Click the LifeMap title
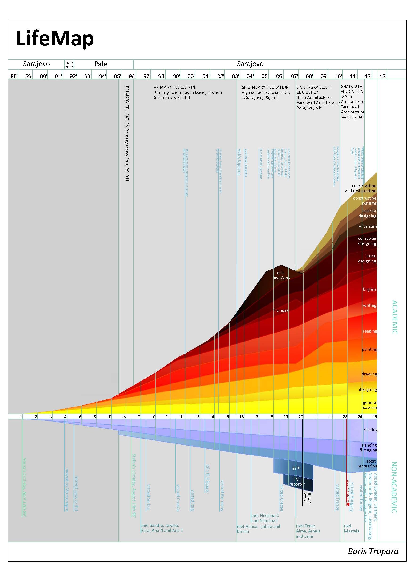tap(55, 39)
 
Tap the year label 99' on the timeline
tap(176, 76)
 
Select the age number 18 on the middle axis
tap(271, 417)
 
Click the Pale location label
tap(101, 64)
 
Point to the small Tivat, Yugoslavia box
tap(69, 64)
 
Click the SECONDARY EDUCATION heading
tap(265, 87)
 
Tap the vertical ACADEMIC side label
tap(394, 317)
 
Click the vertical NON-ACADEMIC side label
tap(394, 487)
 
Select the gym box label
tap(296, 467)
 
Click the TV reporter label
tap(297, 482)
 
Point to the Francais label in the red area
tap(281, 310)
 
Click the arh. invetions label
tap(281, 275)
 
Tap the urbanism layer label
tap(368, 226)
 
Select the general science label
tap(370, 405)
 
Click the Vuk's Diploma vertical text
tap(239, 162)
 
